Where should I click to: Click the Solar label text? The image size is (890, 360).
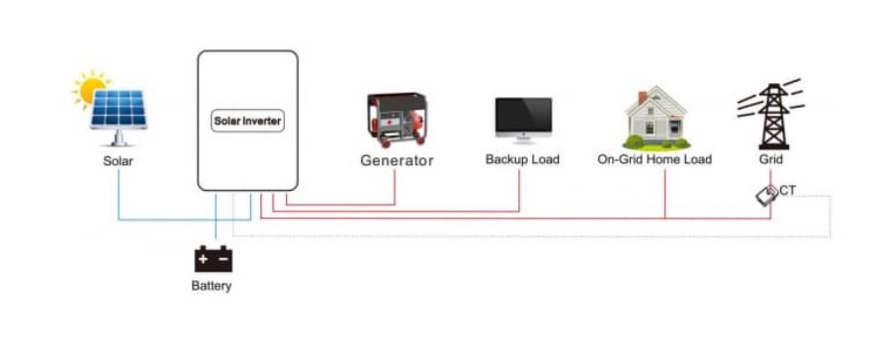click(118, 160)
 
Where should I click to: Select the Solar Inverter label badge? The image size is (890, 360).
click(248, 122)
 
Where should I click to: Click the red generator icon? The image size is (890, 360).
click(396, 120)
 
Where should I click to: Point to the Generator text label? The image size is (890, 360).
click(397, 160)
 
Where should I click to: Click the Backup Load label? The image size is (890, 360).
click(522, 159)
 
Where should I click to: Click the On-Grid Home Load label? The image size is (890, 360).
click(655, 159)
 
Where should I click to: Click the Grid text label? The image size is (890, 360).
click(770, 159)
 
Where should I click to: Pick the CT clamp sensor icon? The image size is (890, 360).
click(766, 196)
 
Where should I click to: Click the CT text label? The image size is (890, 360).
click(788, 189)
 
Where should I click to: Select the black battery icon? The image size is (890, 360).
click(212, 259)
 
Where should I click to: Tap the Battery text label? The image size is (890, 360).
click(212, 287)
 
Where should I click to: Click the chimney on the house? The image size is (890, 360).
click(643, 98)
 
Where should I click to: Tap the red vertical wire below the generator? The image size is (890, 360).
click(396, 188)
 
